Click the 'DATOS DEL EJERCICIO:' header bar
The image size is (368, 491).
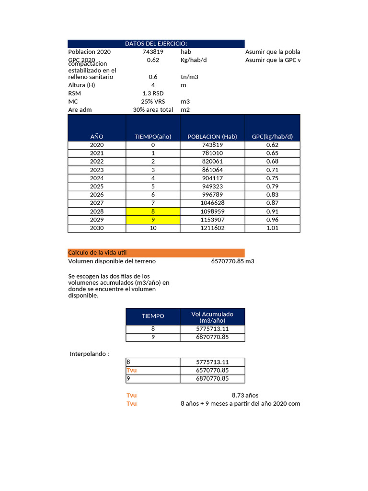156,44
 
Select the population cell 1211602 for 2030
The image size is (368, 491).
212,228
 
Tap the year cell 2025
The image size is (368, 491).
96,187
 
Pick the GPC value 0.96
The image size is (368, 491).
272,220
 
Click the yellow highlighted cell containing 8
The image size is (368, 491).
153,211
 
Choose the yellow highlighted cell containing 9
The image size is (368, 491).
153,220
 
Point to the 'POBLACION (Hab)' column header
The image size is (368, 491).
212,136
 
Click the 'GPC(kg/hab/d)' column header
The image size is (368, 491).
272,136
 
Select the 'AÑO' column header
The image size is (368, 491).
96,136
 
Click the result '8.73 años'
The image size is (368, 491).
245,396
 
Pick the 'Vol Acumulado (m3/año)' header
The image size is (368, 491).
212,317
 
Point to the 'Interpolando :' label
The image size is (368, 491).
90,354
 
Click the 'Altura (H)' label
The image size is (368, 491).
82,85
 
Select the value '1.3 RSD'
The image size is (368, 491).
153,93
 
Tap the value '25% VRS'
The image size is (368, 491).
153,102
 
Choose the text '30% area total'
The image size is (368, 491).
153,110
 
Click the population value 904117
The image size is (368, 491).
212,178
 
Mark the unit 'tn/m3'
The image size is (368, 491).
190,77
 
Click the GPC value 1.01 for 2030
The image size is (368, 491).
272,228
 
